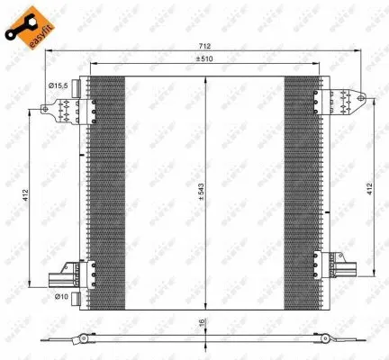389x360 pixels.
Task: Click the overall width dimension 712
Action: (x=206, y=46)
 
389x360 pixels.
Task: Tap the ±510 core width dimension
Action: (x=206, y=60)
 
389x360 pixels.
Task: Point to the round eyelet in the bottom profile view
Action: (x=83, y=339)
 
